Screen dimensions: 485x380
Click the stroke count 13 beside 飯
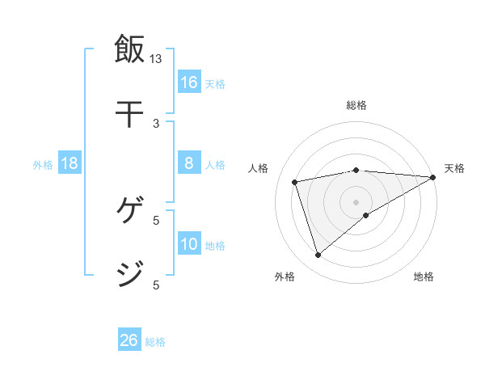pos(156,59)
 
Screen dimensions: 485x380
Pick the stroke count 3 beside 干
pos(156,123)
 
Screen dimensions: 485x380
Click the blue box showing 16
pos(189,82)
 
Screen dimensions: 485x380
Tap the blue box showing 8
pos(189,163)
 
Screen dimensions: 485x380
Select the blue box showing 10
pos(189,244)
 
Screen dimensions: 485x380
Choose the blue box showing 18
pos(70,163)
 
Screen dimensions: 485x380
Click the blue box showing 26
pos(129,340)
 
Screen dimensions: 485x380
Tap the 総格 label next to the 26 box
pos(155,342)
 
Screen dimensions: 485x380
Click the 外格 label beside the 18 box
pos(43,165)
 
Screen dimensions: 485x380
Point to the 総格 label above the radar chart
pos(356,105)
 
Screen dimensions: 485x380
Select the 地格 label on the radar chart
pos(424,277)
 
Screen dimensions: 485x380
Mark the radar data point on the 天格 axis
pos(433,177)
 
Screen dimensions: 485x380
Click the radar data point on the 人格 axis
pos(295,182)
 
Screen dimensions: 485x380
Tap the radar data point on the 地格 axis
pos(366,215)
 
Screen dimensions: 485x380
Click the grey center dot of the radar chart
pos(356,201)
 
